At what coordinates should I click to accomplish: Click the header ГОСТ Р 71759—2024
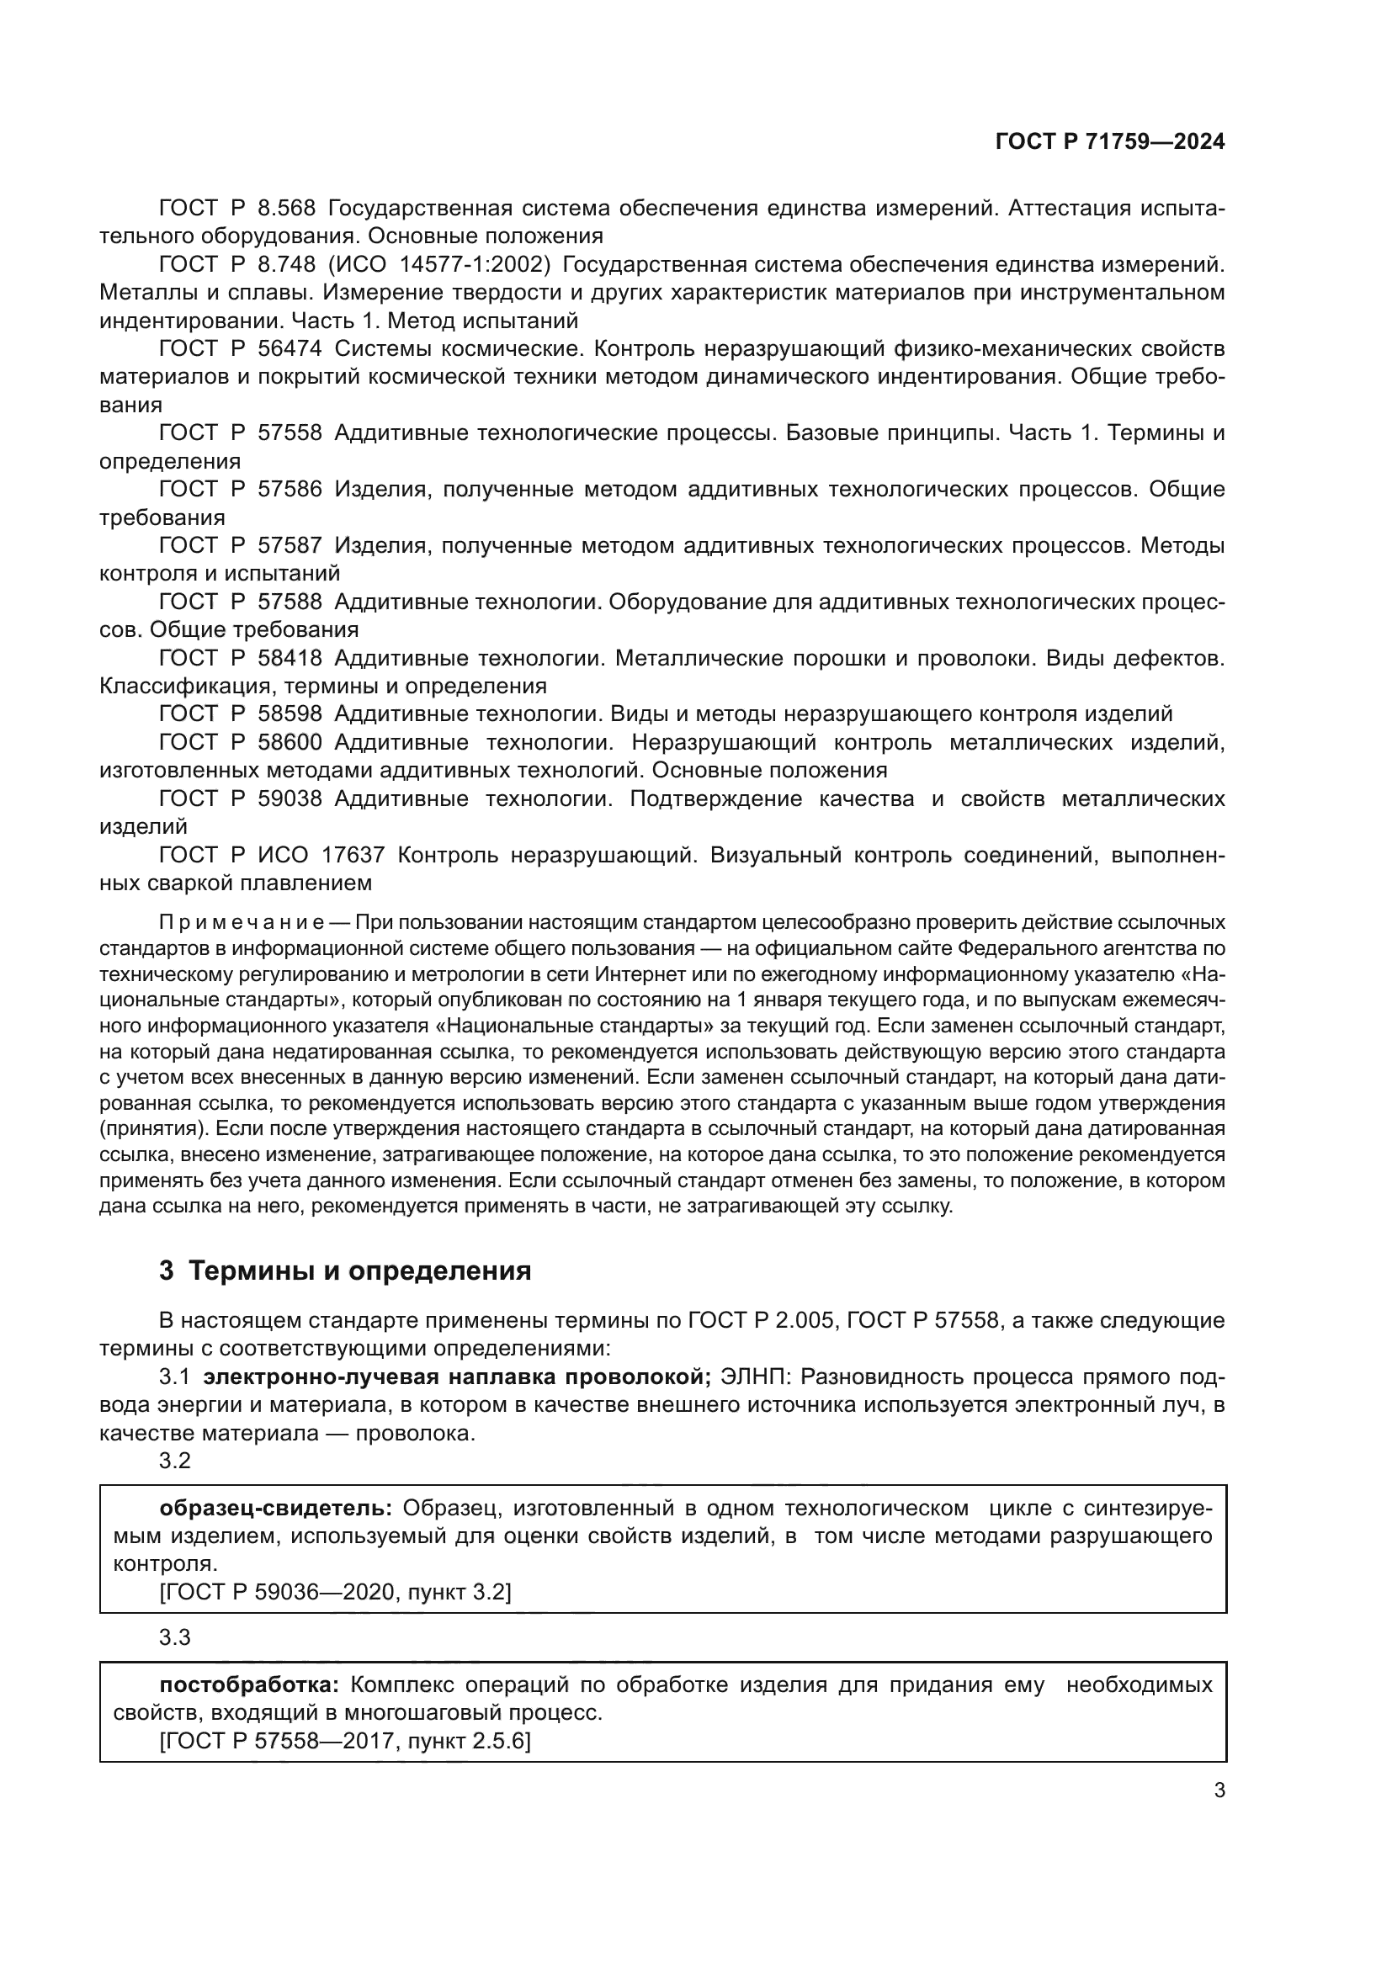(x=1109, y=142)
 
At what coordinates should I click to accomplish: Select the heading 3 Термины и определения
(x=345, y=1271)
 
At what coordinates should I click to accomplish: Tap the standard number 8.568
(x=286, y=209)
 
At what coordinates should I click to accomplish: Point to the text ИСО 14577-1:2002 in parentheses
(x=438, y=265)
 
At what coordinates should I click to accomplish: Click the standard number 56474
(x=290, y=349)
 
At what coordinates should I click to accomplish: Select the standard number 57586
(x=290, y=490)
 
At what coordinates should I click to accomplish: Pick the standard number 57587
(x=290, y=546)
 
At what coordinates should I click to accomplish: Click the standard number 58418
(x=290, y=658)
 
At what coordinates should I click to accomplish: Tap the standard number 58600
(x=290, y=742)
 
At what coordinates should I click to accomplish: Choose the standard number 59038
(x=290, y=798)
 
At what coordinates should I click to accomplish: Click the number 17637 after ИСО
(x=353, y=856)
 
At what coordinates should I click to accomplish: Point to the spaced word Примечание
(x=241, y=923)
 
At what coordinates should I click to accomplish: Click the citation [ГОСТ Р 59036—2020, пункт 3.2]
(x=335, y=1593)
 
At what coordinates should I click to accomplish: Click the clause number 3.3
(x=175, y=1638)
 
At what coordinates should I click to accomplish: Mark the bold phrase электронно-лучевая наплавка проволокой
(x=457, y=1377)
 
